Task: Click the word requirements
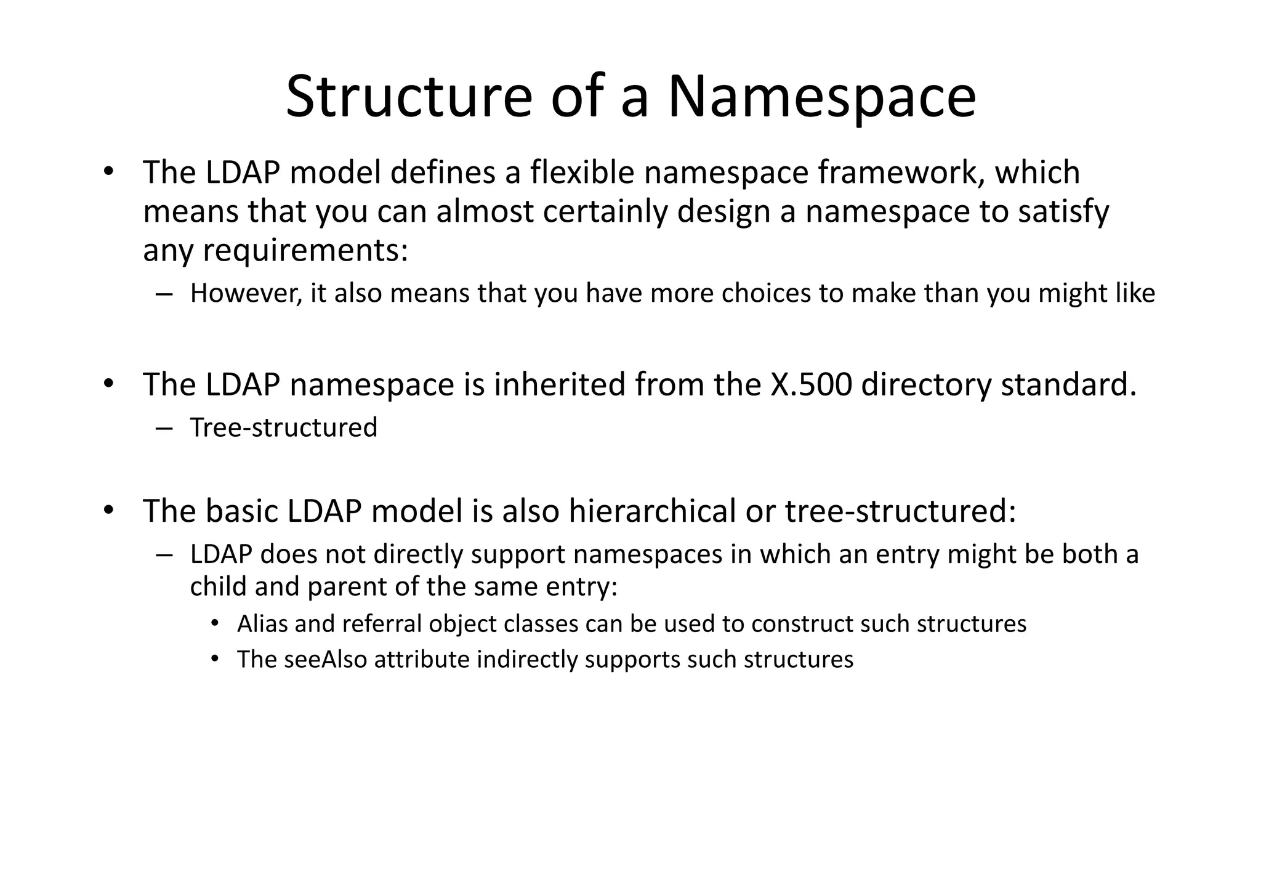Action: (x=305, y=251)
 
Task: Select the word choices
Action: (x=766, y=293)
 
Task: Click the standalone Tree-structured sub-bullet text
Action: (x=284, y=428)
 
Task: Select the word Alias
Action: (x=262, y=624)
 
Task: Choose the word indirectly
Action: (x=528, y=660)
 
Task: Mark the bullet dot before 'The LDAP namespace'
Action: (x=109, y=383)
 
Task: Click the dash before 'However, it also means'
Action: (x=163, y=294)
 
